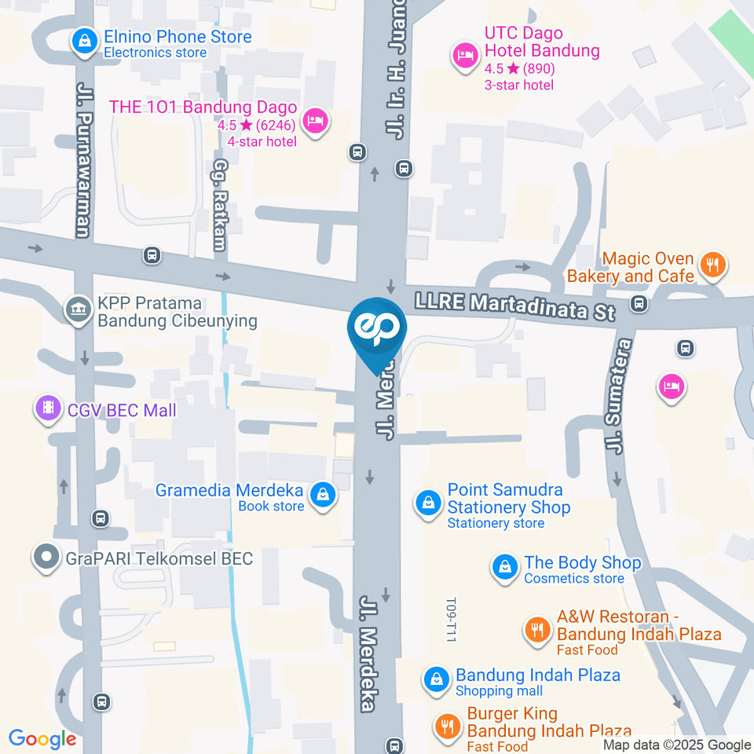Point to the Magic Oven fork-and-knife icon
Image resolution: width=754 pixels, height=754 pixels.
click(x=713, y=265)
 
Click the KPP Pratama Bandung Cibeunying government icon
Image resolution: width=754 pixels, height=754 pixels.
click(x=78, y=308)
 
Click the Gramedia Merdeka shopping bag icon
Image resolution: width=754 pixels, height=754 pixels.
click(x=322, y=495)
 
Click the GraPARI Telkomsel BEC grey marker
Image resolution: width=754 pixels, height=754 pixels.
click(x=47, y=558)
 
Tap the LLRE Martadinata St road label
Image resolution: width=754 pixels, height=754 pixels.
click(x=514, y=305)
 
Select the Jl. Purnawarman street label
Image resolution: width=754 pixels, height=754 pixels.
click(x=83, y=157)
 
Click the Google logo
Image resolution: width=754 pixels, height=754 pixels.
click(x=42, y=738)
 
